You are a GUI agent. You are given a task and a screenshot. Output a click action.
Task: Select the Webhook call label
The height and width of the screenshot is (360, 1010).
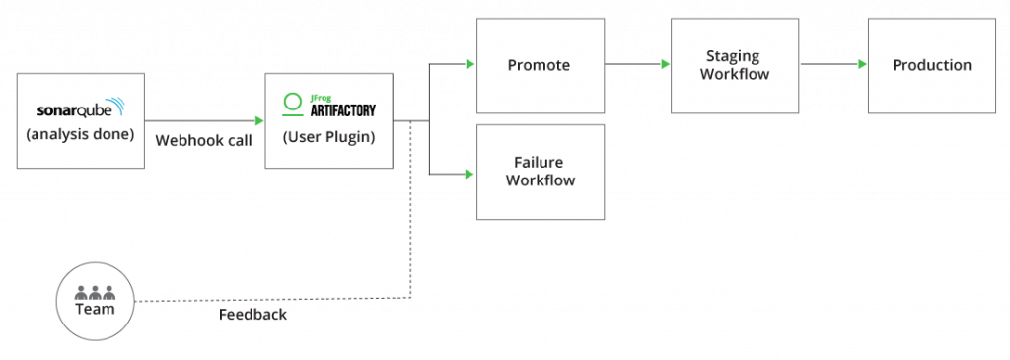pos(203,141)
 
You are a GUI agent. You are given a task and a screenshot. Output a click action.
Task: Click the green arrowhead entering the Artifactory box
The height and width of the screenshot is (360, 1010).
pos(258,121)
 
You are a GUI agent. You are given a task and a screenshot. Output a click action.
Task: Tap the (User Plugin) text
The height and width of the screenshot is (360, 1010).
pos(328,137)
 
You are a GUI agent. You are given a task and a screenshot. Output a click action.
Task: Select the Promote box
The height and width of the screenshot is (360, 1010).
pos(540,65)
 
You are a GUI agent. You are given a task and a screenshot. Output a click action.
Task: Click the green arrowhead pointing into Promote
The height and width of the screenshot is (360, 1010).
pos(470,65)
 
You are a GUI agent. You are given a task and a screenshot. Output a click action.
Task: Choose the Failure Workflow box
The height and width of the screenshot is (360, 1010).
pos(540,172)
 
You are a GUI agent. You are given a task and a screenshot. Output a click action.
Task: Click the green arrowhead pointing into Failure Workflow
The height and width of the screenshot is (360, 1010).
pos(470,175)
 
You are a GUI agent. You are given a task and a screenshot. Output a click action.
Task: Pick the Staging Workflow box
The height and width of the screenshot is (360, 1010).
pos(734,65)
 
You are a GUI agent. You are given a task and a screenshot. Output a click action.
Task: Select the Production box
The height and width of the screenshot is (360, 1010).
pos(931,65)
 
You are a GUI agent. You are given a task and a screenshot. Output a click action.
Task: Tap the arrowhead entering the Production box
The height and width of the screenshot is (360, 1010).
pos(862,65)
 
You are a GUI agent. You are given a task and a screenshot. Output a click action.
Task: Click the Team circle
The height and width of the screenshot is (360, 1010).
pos(95,301)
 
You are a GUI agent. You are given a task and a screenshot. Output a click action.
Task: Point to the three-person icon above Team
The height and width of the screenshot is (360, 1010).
pos(95,292)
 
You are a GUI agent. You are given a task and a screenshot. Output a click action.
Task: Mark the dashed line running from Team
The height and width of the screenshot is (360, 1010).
pos(276,298)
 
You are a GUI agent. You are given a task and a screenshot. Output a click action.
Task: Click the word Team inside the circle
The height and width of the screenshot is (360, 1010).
pos(95,309)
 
